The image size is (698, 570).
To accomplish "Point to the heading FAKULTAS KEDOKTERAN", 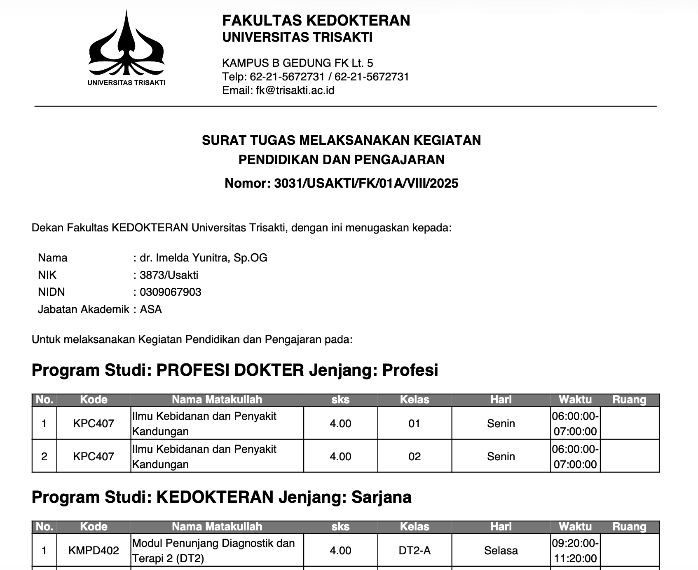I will pos(316,20).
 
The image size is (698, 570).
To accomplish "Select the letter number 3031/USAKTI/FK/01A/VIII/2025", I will pos(366,183).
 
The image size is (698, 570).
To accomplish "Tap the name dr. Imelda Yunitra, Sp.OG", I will pos(204,258).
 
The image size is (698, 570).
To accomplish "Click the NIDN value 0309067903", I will pos(171,292).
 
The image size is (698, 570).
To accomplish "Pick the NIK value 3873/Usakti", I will pos(169,275).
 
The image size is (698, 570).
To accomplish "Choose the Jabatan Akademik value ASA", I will pos(151,309).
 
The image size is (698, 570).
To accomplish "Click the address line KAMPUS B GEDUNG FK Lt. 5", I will pos(297,63).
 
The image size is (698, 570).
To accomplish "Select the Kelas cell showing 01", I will pos(414,424).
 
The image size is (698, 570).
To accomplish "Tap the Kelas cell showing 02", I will pos(414,457).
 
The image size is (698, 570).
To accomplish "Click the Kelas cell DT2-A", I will pos(415,551).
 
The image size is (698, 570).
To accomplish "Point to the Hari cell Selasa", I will pos(501,551).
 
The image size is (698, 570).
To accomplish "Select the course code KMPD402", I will pos(94,551).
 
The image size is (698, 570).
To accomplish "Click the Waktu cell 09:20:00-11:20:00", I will pos(575,551).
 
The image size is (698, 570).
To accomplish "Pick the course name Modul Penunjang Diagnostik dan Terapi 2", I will pos(213,551).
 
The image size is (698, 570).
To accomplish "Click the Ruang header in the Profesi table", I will pos(629,400).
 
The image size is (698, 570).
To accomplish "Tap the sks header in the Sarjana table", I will pos(340,527).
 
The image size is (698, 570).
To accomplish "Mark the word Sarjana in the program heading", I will pos(381,497).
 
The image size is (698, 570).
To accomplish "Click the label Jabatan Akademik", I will pos(83,309).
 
